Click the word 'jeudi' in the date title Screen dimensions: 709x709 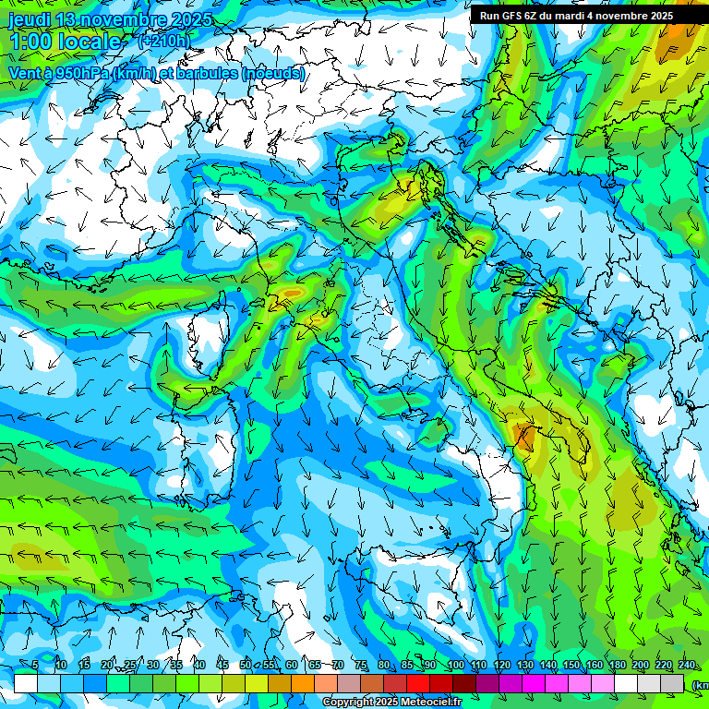tap(30, 20)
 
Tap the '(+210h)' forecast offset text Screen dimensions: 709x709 tap(164, 41)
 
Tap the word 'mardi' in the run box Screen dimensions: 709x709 tap(586, 16)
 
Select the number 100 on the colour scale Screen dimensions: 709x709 tap(455, 666)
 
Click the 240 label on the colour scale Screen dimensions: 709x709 tap(686, 666)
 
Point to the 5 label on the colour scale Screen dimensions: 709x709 tap(35, 666)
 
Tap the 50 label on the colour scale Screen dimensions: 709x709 tap(246, 666)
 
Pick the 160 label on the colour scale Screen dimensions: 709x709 tap(594, 666)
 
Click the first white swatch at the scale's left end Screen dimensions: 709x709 tap(26, 683)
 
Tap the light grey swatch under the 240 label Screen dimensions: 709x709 tap(672, 683)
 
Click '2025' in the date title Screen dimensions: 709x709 tap(190, 20)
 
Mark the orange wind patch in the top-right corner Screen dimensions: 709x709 tap(679, 37)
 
